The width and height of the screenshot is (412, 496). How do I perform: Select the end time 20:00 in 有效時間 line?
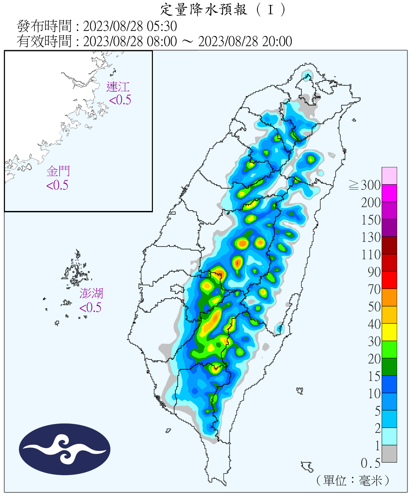point(277,41)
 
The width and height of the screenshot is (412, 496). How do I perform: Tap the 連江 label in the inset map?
point(118,87)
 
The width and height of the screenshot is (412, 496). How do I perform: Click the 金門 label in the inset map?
point(58,171)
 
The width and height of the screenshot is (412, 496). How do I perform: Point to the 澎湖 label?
point(91,293)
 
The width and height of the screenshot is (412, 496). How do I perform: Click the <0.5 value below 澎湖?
point(90,308)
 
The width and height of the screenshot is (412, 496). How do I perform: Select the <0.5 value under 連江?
point(120,100)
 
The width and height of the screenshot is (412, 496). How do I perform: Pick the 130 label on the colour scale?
point(371,237)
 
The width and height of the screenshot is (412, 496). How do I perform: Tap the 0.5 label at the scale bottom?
point(370,463)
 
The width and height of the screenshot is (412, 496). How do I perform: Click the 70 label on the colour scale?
point(374,289)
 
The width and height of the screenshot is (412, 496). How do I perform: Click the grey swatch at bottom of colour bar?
point(389,454)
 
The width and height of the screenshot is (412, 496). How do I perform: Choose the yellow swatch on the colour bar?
point(389,332)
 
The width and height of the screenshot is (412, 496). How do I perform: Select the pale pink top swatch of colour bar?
point(389,176)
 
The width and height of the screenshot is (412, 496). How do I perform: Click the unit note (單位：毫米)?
point(353,480)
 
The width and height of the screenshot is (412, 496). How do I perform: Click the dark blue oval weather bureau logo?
point(65,449)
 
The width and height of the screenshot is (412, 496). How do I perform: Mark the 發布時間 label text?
point(44,26)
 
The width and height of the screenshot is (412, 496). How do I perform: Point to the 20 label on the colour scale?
point(374,359)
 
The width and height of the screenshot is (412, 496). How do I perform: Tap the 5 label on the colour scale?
point(377,411)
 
